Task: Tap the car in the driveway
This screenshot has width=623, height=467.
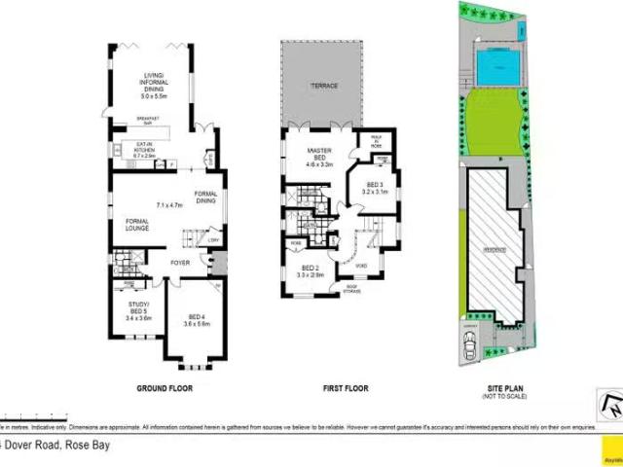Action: pyautogui.click(x=472, y=347)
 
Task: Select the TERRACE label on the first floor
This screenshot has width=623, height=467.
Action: pyautogui.click(x=324, y=88)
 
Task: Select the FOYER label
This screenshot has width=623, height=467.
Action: pyautogui.click(x=180, y=263)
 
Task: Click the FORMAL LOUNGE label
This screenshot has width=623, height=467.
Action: pyautogui.click(x=137, y=226)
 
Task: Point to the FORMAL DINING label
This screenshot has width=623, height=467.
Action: pyautogui.click(x=205, y=197)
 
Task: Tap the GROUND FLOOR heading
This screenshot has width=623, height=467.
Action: pyautogui.click(x=164, y=389)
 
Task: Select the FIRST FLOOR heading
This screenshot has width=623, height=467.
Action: pyautogui.click(x=346, y=389)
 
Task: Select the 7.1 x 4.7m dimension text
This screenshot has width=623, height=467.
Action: pyautogui.click(x=170, y=205)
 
